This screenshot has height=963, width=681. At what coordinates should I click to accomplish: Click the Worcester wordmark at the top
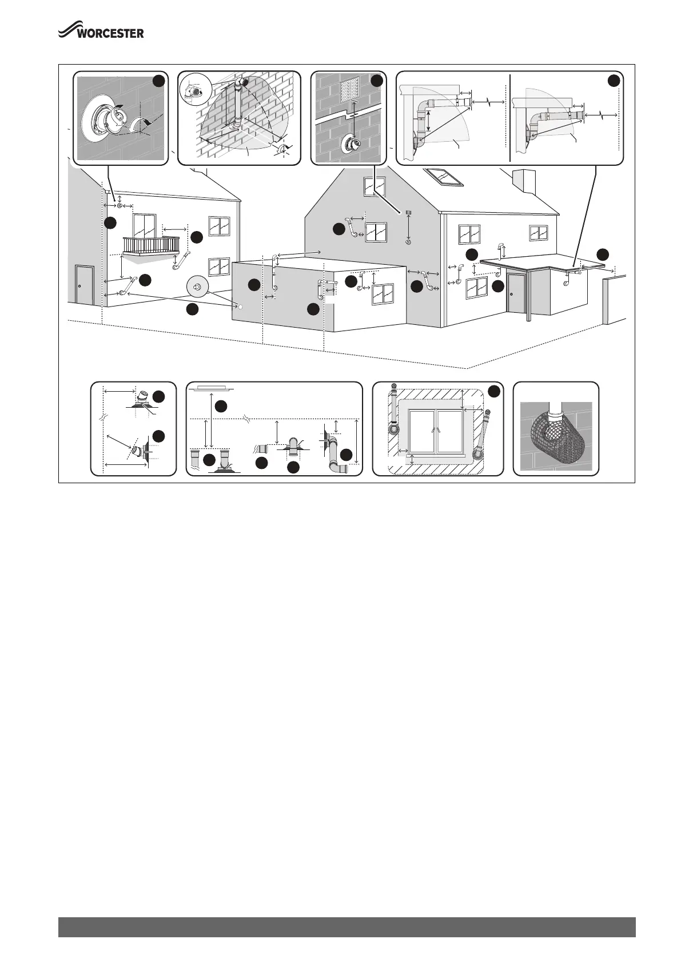point(102,33)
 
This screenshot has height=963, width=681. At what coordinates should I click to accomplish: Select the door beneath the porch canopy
point(516,292)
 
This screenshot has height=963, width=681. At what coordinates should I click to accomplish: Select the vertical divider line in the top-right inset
point(509,118)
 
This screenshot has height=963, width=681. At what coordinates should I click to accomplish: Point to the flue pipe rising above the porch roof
point(502,249)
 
